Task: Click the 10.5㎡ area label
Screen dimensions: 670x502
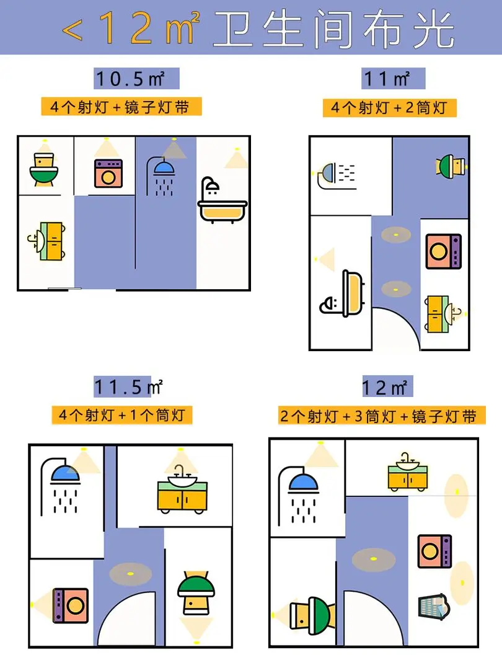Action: click(136, 79)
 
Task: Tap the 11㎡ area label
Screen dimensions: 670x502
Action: click(394, 79)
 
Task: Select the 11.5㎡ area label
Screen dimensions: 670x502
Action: click(128, 387)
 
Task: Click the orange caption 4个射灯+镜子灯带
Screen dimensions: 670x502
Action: click(121, 107)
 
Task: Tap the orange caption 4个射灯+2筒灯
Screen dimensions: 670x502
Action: click(389, 108)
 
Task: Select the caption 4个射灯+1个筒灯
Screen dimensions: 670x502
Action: click(121, 414)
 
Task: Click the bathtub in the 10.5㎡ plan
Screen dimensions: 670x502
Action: click(222, 202)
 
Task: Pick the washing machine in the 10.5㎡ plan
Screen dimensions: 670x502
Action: click(108, 174)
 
